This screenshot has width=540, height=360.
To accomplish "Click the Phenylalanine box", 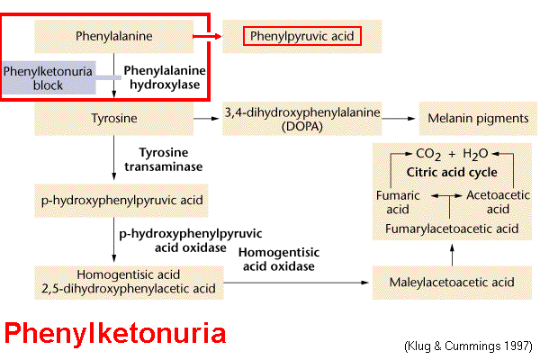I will [113, 37].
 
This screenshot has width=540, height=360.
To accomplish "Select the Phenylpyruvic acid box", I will [303, 37].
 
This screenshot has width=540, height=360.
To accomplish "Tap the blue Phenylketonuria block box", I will [48, 77].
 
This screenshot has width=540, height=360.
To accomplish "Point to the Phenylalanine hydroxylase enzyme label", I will [164, 77].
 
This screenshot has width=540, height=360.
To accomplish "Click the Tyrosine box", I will [113, 118].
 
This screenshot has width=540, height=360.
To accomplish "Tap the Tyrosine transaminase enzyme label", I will [170, 158].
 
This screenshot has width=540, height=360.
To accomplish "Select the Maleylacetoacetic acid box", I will [452, 283].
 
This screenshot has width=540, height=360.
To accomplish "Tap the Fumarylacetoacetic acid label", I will [451, 229].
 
